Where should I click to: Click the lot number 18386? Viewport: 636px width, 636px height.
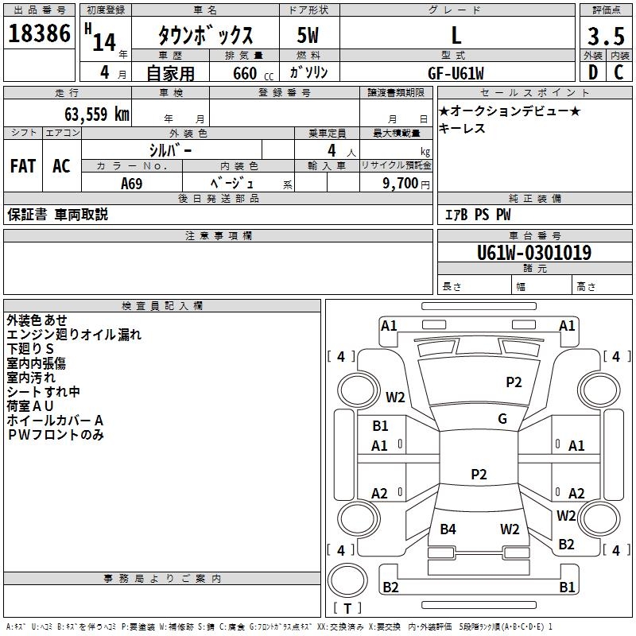point(39,34)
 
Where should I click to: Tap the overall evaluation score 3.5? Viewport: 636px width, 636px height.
point(605,37)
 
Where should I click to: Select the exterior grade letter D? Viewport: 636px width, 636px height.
point(592,72)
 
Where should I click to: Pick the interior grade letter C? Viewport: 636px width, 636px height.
point(619,72)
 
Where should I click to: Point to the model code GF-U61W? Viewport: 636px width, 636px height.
point(456,72)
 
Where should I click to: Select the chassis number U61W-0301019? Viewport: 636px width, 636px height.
point(533,253)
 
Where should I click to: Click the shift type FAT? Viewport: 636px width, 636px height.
point(22,165)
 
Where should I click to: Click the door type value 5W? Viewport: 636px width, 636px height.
point(308,37)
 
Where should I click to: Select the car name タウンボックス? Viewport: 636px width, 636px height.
point(205,37)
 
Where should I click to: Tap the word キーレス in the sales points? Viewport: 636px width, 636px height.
point(462,129)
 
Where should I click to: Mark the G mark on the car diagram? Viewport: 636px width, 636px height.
point(502,419)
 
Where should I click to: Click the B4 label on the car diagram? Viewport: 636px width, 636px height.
point(448,529)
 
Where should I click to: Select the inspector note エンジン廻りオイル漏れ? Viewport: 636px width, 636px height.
point(74,335)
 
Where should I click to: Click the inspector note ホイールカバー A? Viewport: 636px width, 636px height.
point(55,420)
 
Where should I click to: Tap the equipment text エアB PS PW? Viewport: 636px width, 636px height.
point(477,215)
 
